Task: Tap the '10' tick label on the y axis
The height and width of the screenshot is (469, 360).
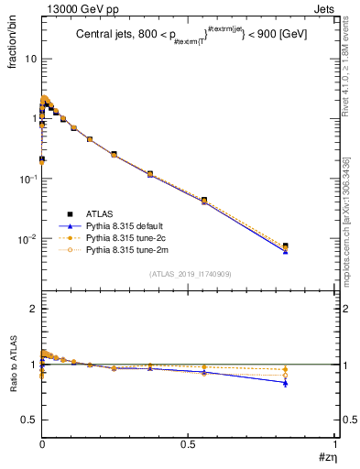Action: pos(29,59)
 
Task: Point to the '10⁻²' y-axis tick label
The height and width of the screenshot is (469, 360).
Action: pos(27,238)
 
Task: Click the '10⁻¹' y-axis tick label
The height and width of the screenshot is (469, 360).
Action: pos(27,179)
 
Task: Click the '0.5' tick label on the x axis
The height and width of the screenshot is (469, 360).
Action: pos(188,442)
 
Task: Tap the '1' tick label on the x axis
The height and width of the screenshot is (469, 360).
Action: pos(333,442)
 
